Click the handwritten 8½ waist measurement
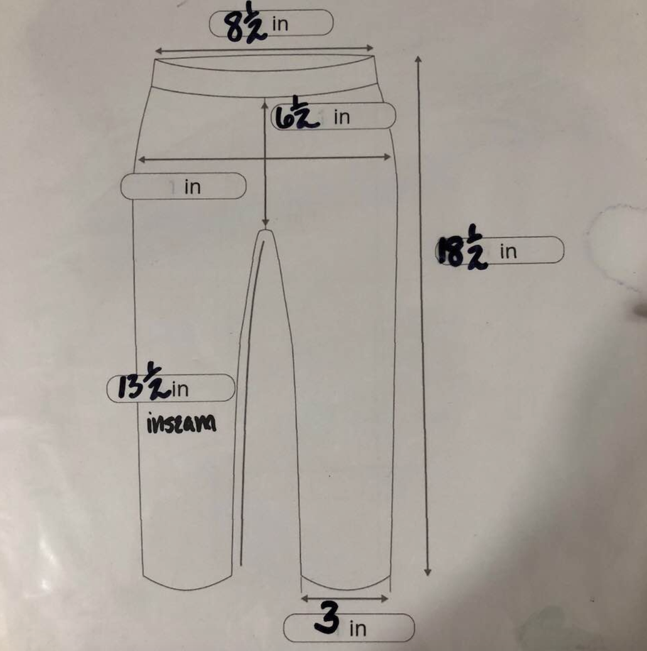coord(245,25)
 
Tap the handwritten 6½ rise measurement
coord(297,114)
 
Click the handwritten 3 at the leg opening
coord(327,618)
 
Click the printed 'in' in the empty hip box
coord(193,187)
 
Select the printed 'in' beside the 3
coord(357,629)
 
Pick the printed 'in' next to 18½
coord(508,252)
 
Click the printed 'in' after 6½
coord(342,117)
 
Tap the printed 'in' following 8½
coord(280,24)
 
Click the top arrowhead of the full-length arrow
coord(418,60)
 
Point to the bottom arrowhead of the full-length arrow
coord(427,572)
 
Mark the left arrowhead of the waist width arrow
coord(158,51)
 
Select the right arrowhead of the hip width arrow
coord(387,157)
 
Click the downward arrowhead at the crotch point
coord(265,222)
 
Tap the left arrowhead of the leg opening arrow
coord(305,598)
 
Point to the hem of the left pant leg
coord(187,583)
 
